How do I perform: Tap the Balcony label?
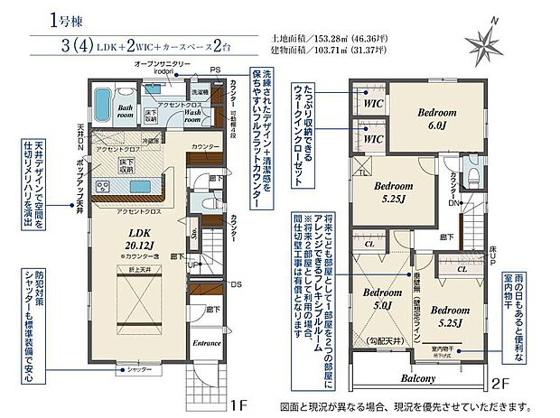point(420,380)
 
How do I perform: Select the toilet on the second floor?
point(474,172)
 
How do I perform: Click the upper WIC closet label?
point(372,104)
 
